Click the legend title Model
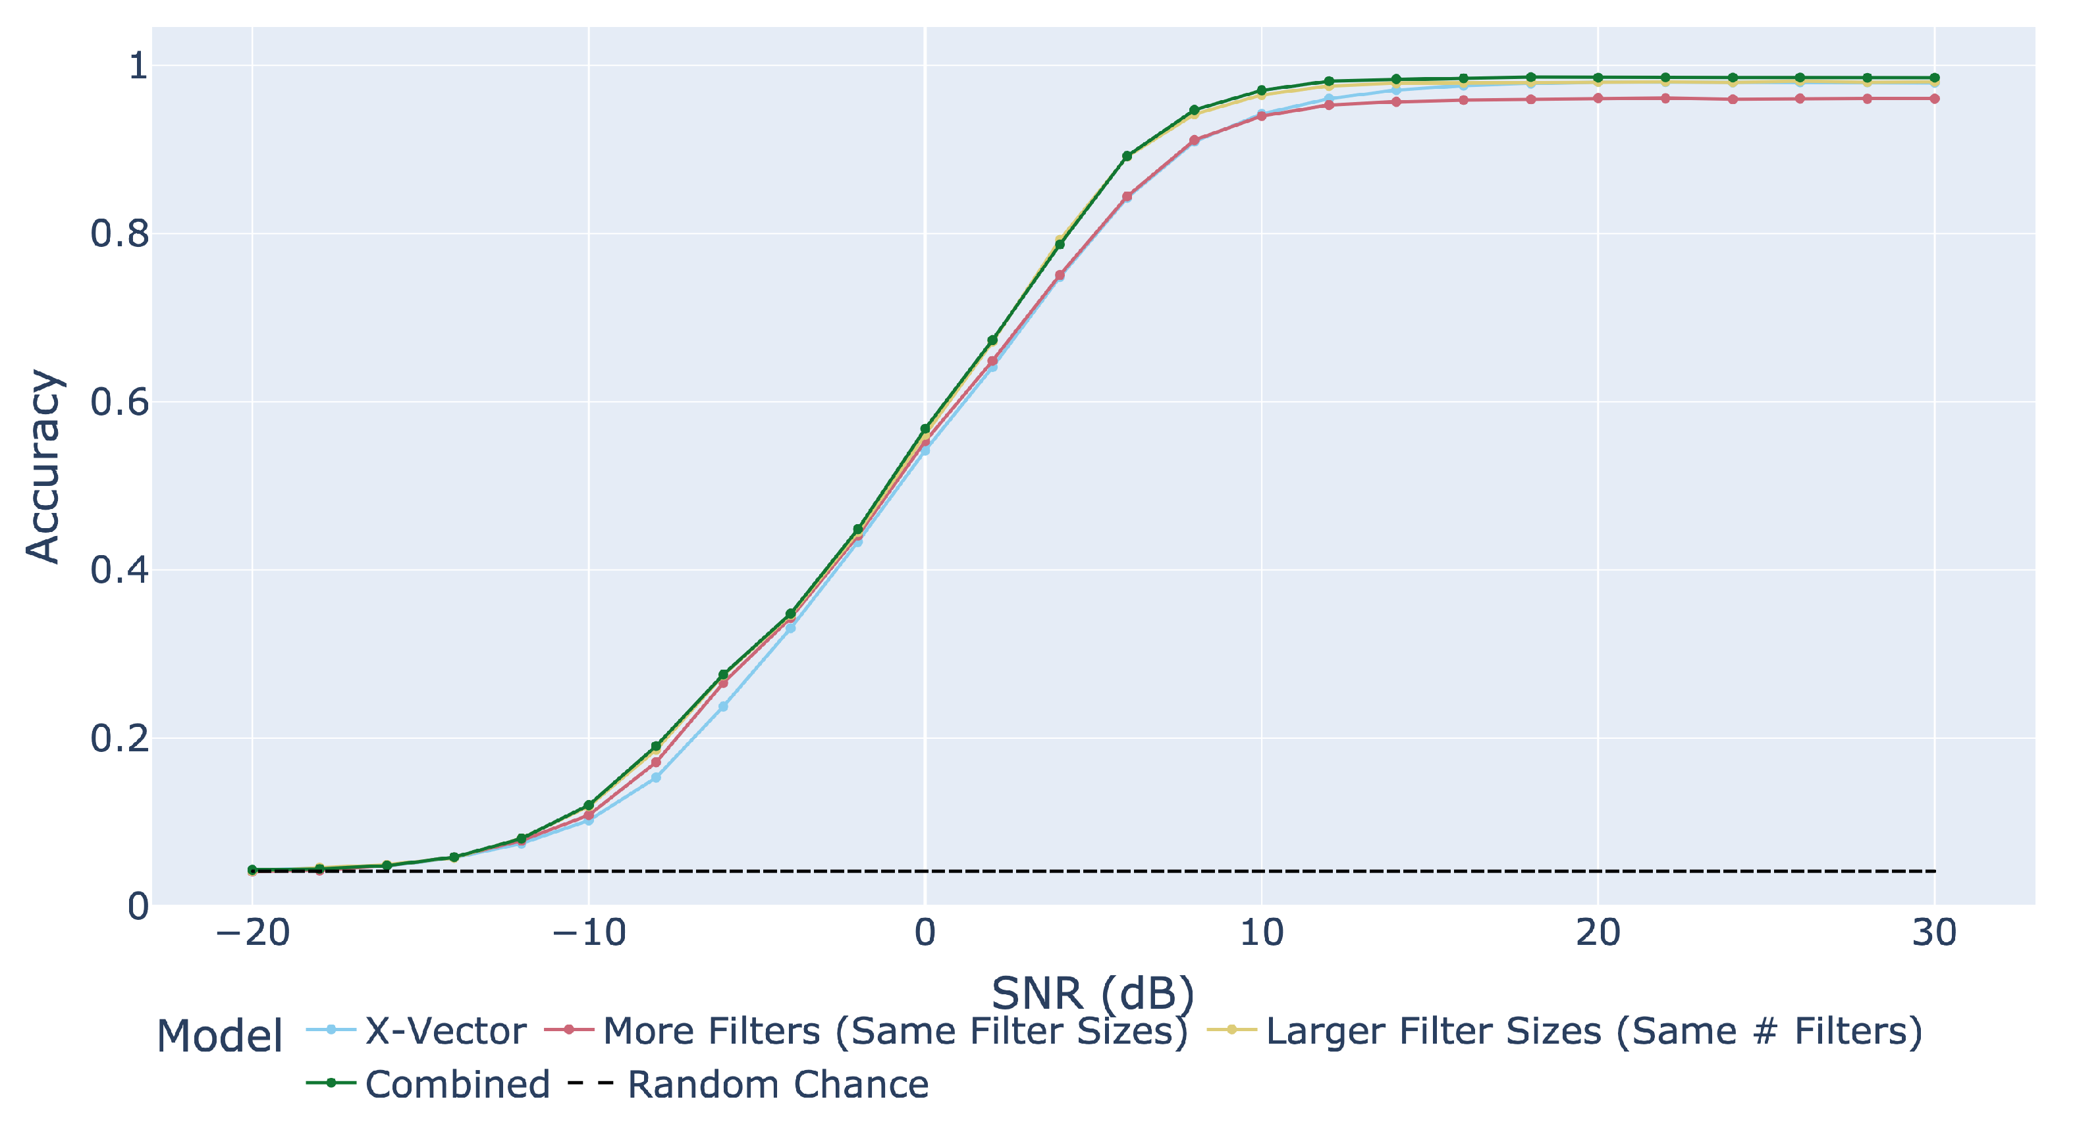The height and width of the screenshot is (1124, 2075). click(x=219, y=1035)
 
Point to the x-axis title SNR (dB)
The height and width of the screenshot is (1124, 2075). click(x=1092, y=993)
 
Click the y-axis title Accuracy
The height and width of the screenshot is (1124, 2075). click(x=43, y=466)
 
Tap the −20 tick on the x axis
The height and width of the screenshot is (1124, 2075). click(x=253, y=933)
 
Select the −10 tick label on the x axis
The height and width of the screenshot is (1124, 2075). click(x=589, y=933)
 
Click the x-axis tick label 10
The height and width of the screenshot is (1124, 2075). click(x=1262, y=933)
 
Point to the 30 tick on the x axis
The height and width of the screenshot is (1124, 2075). click(x=1934, y=933)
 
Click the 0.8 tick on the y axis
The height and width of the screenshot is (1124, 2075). click(x=120, y=234)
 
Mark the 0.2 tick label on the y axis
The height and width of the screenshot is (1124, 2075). click(x=120, y=738)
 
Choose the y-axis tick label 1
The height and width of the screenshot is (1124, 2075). click(x=138, y=65)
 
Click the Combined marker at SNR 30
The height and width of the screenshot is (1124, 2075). click(x=1934, y=78)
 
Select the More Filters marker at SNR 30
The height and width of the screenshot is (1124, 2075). click(x=1934, y=99)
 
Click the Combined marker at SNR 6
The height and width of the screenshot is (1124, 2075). click(x=1127, y=156)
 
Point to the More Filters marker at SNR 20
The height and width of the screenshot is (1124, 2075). click(x=1598, y=99)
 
